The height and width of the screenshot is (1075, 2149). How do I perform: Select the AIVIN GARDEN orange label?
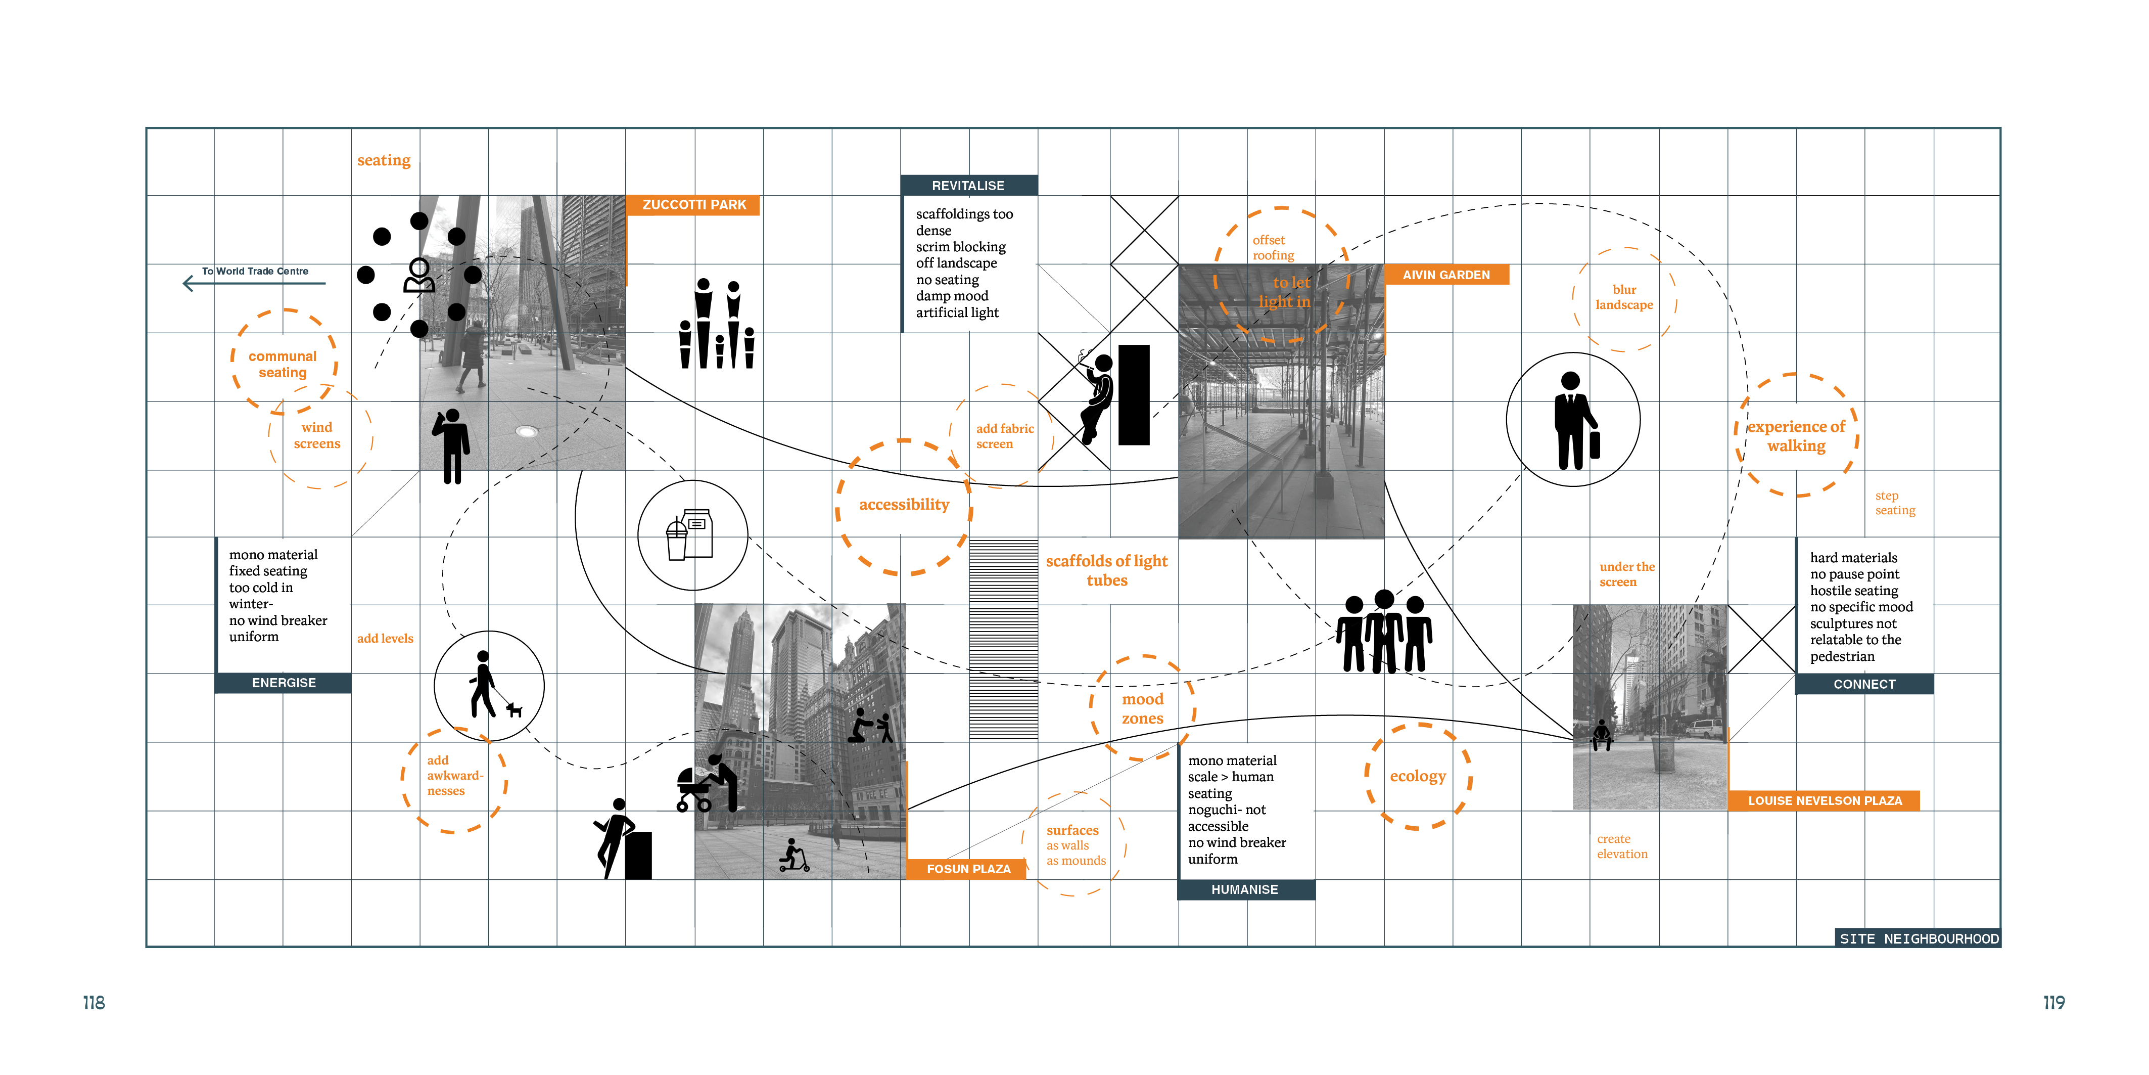[x=1446, y=275]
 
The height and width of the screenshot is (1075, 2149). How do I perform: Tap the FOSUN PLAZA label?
[x=968, y=869]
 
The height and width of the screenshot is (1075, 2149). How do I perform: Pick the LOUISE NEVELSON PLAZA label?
[x=1825, y=800]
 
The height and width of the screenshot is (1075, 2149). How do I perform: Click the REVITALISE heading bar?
[x=968, y=185]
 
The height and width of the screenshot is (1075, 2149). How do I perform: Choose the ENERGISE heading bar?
[x=284, y=683]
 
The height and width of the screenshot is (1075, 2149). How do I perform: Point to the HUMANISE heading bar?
[x=1245, y=890]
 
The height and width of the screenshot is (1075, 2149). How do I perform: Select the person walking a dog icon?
[x=491, y=686]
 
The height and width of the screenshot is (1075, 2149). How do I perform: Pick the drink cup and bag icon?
[x=691, y=535]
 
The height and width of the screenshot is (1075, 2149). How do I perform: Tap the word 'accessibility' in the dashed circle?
[x=904, y=505]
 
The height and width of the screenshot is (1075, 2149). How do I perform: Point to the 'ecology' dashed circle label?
[x=1417, y=776]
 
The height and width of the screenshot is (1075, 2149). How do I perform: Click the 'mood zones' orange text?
[x=1142, y=708]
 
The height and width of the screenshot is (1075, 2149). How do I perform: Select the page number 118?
[x=94, y=1002]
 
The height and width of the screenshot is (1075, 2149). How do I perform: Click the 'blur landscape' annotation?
[x=1623, y=297]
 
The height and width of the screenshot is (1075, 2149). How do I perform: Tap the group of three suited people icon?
[x=1384, y=632]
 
